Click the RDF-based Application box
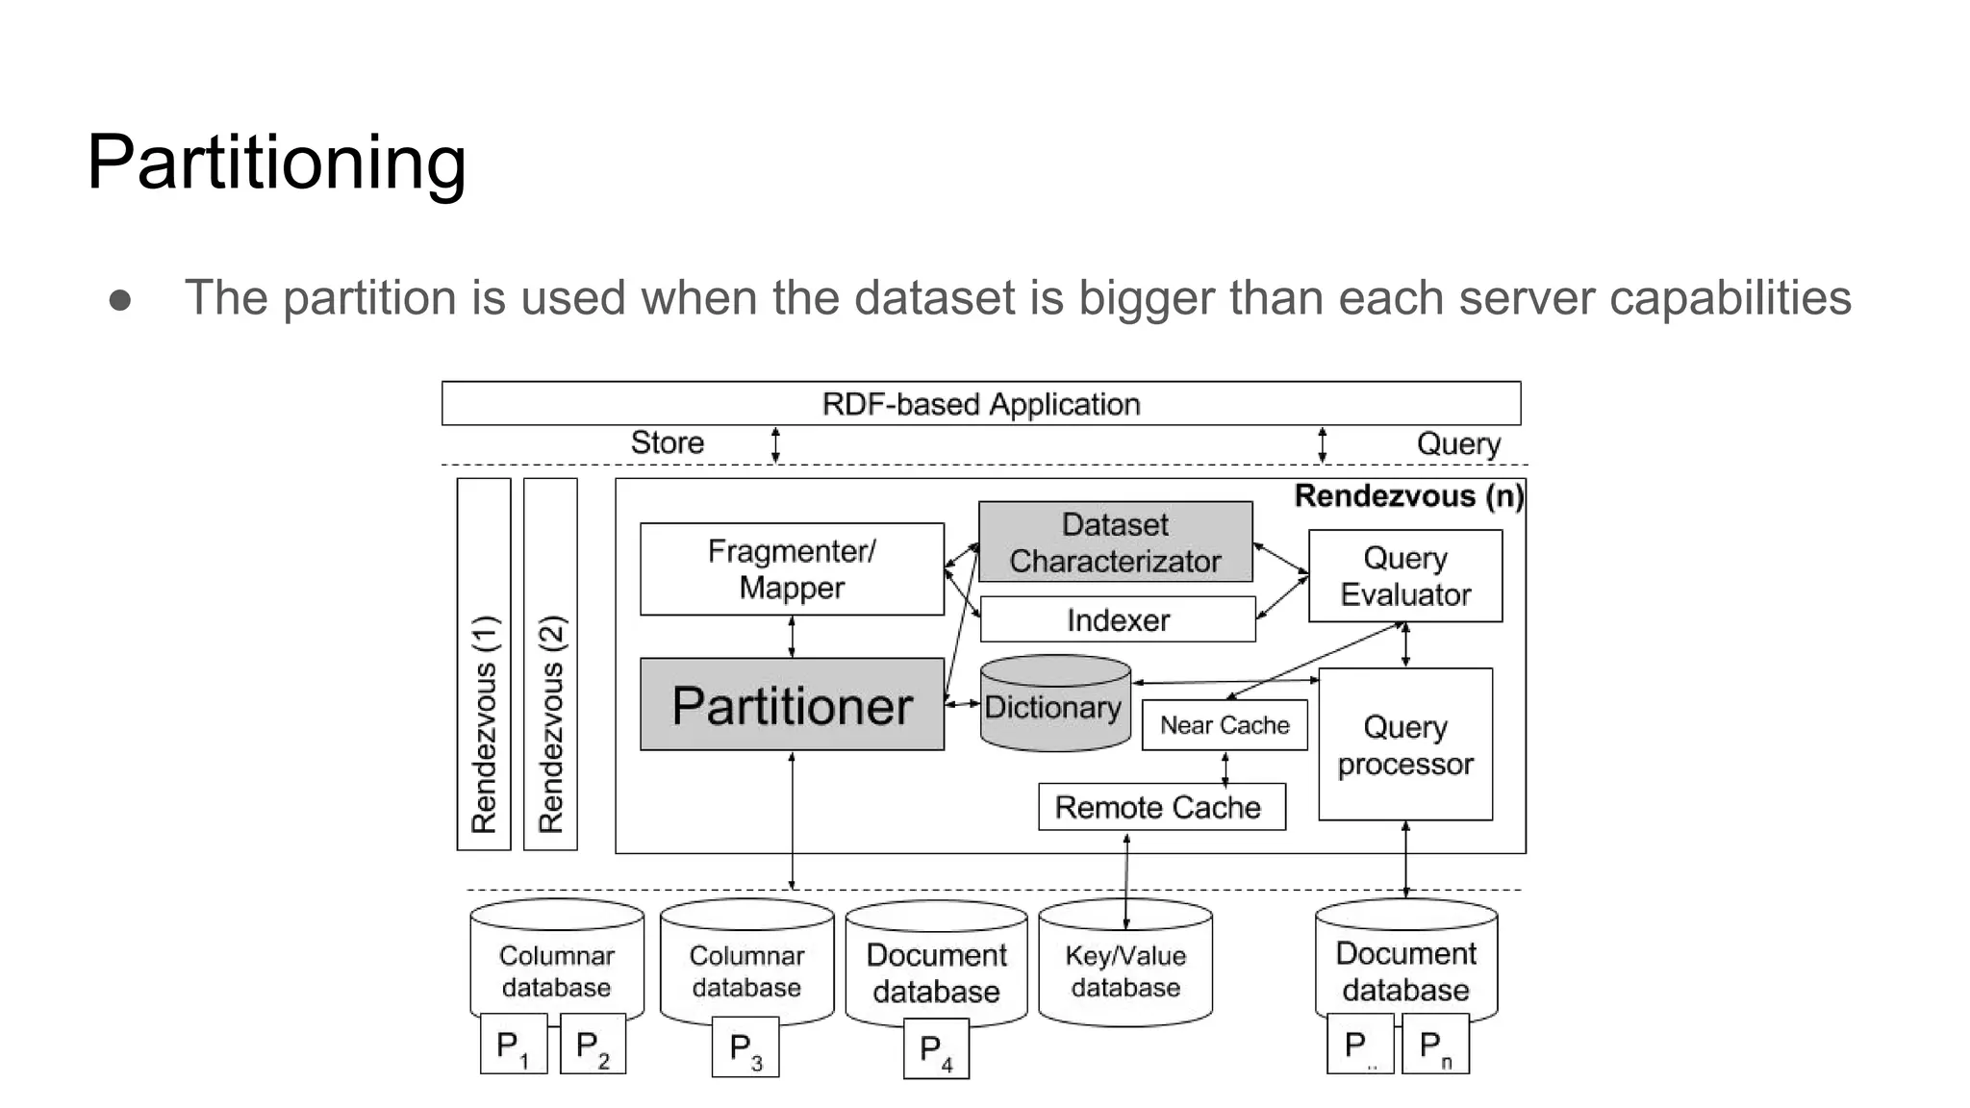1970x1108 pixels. tap(980, 404)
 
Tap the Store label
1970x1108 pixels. tap(667, 442)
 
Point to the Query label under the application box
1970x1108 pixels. tap(1457, 443)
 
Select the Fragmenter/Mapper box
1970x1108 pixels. tap(791, 569)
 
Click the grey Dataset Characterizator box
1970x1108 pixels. tap(1115, 542)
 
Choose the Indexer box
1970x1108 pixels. tap(1117, 620)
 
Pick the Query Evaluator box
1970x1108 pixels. tap(1404, 576)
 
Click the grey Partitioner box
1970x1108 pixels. tap(791, 705)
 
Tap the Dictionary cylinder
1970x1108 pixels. tap(1054, 706)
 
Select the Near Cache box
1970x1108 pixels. tap(1224, 725)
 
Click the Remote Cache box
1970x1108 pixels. tap(1160, 807)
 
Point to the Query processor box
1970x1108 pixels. tap(1404, 745)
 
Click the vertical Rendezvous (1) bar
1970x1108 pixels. tap(484, 665)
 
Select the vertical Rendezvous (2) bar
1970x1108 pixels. tap(550, 665)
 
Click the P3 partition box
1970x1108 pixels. tap(745, 1049)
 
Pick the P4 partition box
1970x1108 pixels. tap(935, 1050)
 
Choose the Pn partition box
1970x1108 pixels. tap(1434, 1045)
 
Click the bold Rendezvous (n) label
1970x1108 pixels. tap(1407, 496)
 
